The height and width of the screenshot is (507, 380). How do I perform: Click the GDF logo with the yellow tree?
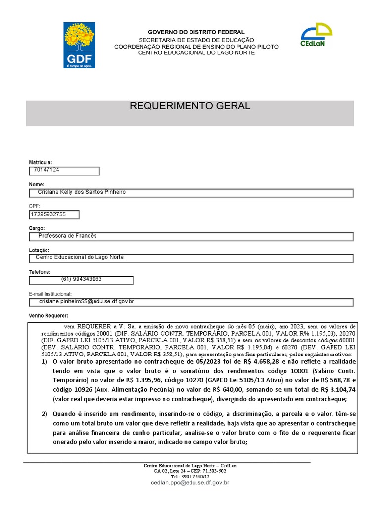point(79,45)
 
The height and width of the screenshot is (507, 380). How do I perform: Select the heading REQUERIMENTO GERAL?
point(190,106)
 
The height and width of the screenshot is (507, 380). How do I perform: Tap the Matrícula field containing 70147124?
point(64,171)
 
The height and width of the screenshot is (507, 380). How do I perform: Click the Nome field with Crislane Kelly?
point(191,193)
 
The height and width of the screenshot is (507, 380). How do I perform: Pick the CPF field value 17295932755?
point(54,214)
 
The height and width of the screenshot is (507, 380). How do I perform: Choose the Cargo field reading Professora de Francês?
point(191,236)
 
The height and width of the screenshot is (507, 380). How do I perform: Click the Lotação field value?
point(191,258)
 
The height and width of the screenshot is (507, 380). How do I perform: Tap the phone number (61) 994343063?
point(81,280)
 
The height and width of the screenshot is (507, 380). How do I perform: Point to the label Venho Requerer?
point(49,316)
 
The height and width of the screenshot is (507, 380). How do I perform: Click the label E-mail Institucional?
point(50,294)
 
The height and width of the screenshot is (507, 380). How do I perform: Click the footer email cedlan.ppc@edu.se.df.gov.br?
point(190,482)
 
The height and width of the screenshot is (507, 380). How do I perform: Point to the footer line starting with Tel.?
point(190,476)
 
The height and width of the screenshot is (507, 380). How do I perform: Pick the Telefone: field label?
point(40,272)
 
